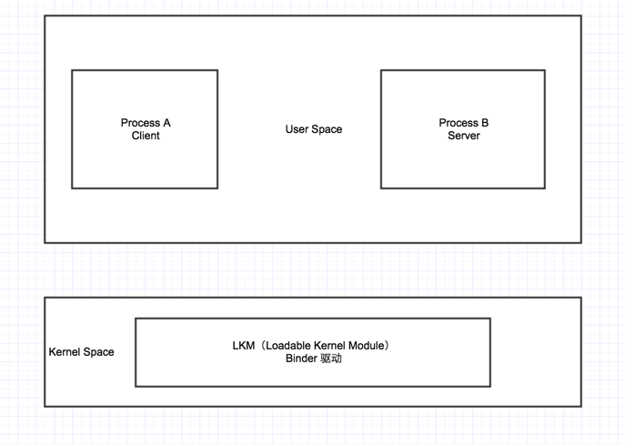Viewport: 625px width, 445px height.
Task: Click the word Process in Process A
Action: click(140, 123)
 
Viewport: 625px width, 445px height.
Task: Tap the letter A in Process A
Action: click(167, 123)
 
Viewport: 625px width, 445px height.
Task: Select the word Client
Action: click(146, 136)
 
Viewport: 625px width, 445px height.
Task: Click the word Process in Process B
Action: click(459, 123)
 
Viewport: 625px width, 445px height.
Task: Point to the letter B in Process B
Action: click(485, 123)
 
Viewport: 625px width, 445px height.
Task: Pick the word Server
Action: click(464, 136)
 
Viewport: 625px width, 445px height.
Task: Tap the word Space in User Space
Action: click(327, 129)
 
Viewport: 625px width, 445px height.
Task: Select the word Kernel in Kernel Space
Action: click(64, 352)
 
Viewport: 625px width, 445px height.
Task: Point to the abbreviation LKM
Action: click(244, 346)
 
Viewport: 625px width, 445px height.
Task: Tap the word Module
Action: click(362, 346)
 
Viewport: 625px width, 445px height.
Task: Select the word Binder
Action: click(301, 359)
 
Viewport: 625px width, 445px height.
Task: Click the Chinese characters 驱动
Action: click(331, 359)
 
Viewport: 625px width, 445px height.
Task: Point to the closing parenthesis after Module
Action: click(386, 346)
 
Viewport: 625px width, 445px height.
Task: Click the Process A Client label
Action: click(146, 129)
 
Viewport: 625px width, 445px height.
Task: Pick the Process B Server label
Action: click(464, 129)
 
